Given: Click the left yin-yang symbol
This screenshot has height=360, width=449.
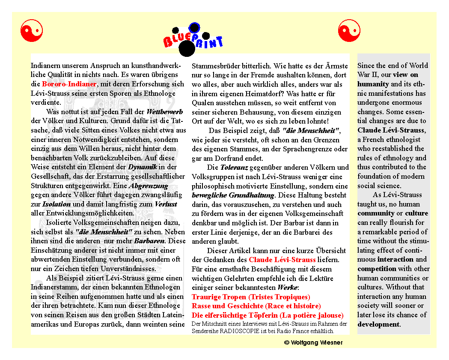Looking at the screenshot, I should (32, 31).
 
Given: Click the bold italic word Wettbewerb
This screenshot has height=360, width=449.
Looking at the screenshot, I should (165, 112).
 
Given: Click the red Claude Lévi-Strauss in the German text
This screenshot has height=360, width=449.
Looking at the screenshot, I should (282, 260).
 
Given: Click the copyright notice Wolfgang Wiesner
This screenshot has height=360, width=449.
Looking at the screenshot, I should (313, 343).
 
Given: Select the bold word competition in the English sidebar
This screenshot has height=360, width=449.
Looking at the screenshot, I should (377, 269).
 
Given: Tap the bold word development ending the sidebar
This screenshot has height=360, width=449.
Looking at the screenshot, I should (378, 324).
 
